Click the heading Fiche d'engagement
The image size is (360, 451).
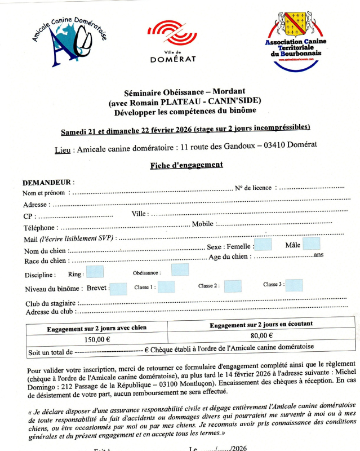click(186, 165)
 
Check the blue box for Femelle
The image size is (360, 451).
click(263, 244)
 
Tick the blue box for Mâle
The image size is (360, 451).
click(311, 244)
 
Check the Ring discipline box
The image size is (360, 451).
click(95, 272)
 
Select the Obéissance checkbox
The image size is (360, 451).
click(180, 269)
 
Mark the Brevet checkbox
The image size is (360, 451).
click(118, 289)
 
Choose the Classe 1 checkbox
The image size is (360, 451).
click(166, 287)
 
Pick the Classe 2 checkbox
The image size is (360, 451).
click(233, 286)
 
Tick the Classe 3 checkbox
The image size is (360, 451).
click(294, 285)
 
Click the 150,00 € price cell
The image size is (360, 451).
click(97, 339)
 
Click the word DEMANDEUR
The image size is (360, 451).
click(47, 183)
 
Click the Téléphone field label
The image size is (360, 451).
click(40, 228)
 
